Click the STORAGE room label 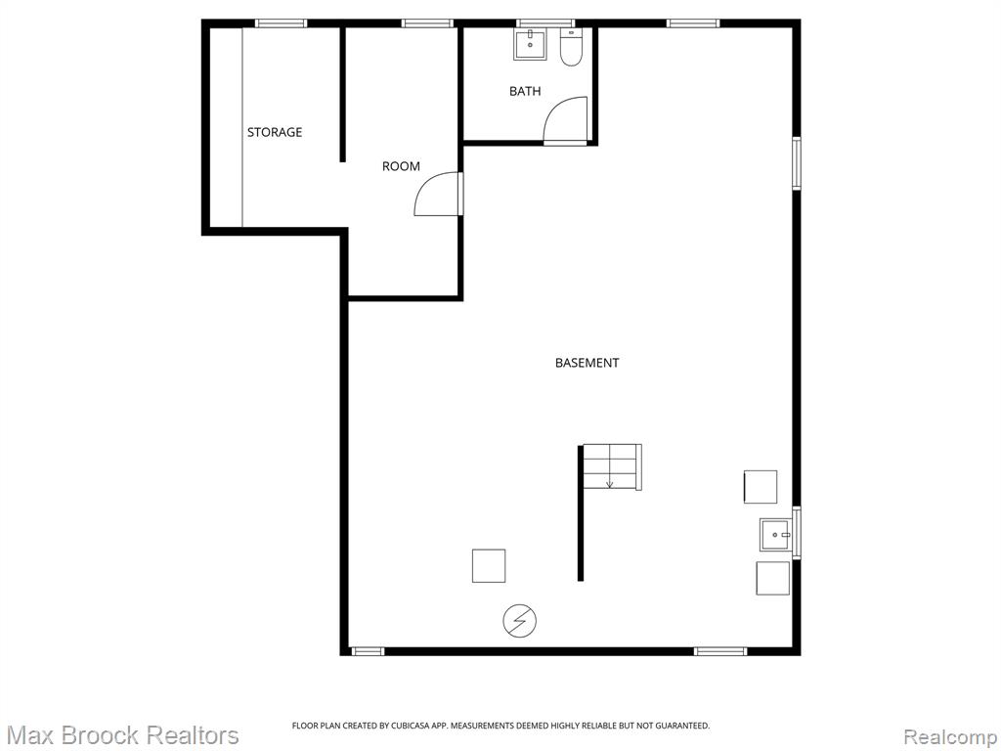click(x=275, y=132)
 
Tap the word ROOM click(x=401, y=166)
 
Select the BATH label click(x=525, y=91)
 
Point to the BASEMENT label click(x=588, y=363)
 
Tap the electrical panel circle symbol click(x=520, y=620)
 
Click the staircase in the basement click(x=611, y=466)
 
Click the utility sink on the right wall click(x=776, y=535)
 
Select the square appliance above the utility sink click(x=761, y=487)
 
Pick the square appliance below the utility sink click(x=772, y=578)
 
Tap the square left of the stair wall click(x=489, y=566)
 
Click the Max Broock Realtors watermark click(x=122, y=735)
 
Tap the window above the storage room click(x=281, y=23)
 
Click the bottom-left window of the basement click(x=368, y=651)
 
